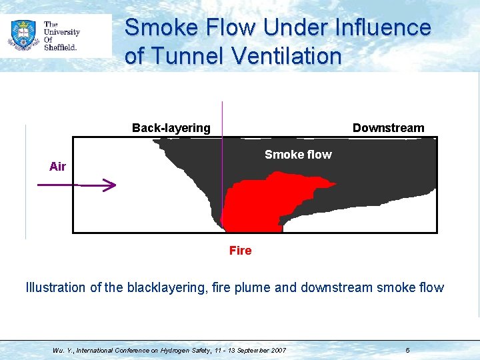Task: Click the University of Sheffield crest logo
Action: coord(23,35)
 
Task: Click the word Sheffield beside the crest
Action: coord(61,47)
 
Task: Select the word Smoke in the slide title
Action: coord(157,28)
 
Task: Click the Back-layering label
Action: coord(171,128)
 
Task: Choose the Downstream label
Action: coord(388,128)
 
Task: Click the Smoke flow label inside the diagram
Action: coord(297,155)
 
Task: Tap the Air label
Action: coord(57,167)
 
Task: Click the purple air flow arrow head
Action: coord(111,186)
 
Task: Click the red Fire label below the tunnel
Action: coord(240,251)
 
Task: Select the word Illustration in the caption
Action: coord(55,288)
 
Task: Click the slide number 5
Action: coord(407,350)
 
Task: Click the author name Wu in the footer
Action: coord(57,350)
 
